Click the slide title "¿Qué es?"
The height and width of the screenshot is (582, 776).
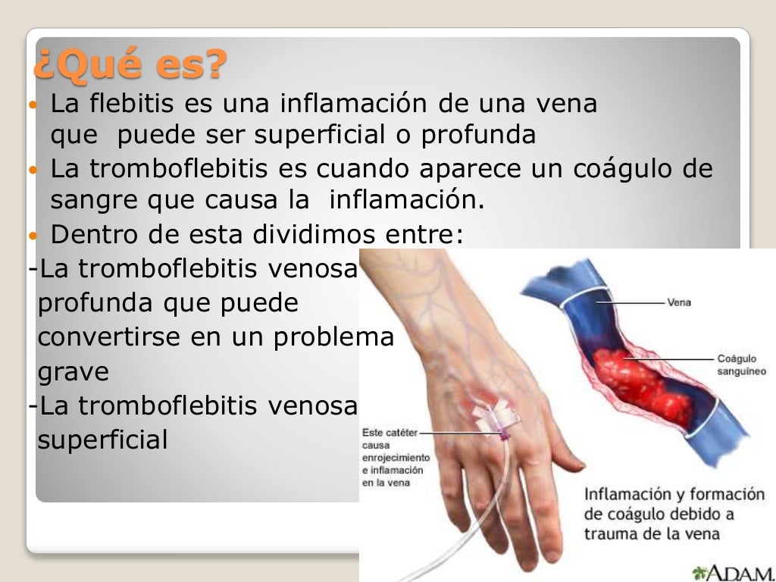point(130,66)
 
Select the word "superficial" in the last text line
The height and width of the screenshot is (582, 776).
point(102,440)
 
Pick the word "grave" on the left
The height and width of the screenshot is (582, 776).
point(73,372)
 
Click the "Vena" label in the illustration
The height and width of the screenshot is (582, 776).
point(679,302)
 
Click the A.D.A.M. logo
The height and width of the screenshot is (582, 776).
point(732,572)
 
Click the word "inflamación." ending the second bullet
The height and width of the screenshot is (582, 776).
point(407,201)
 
